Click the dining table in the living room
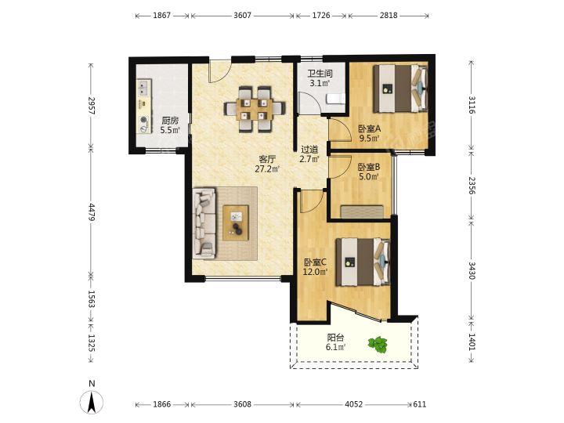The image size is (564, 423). (x=255, y=109)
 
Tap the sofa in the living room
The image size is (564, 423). (x=204, y=223)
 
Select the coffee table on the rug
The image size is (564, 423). (x=236, y=223)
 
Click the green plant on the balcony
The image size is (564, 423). (x=378, y=345)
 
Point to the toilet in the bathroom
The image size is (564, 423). (x=335, y=99)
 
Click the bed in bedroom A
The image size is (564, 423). (x=401, y=89)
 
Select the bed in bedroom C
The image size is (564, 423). (x=363, y=262)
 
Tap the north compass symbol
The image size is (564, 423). (x=92, y=399)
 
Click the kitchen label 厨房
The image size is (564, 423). (x=170, y=121)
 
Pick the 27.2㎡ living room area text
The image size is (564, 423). (x=267, y=168)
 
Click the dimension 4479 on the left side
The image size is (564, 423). (x=92, y=212)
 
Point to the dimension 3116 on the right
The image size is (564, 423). (x=472, y=105)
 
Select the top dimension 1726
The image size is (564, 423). (x=321, y=16)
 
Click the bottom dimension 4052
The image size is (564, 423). (x=354, y=404)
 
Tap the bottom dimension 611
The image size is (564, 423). (x=420, y=404)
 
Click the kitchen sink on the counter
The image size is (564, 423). (x=143, y=87)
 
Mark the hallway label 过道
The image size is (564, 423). (x=309, y=149)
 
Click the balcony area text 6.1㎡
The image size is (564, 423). (x=335, y=347)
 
